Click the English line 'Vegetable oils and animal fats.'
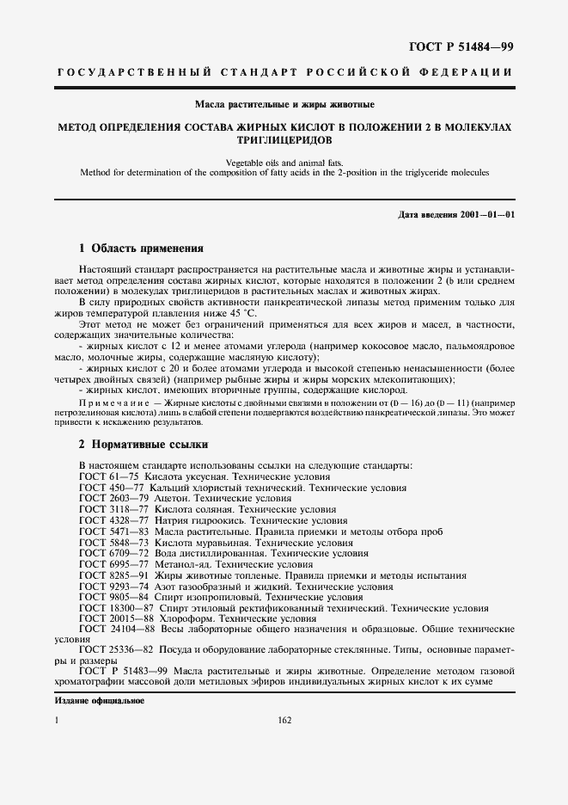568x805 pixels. coord(283,162)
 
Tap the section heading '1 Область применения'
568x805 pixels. coord(140,249)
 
